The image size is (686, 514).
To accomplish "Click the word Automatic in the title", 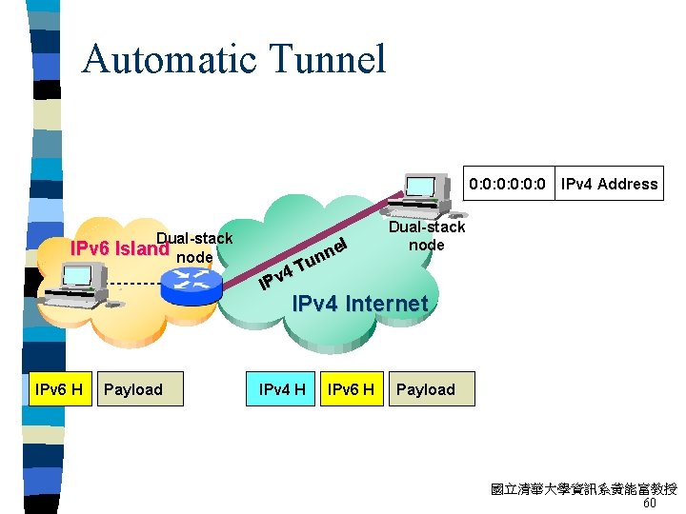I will (168, 59).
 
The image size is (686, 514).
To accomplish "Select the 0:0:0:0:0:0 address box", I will (507, 184).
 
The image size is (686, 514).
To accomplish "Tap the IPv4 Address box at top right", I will (609, 184).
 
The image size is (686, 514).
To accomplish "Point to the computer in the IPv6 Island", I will (85, 276).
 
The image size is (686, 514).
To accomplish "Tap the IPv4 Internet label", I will (359, 304).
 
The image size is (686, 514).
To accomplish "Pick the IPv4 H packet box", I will (281, 389).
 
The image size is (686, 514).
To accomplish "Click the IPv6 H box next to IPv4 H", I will (350, 389).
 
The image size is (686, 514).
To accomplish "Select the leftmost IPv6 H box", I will (58, 389).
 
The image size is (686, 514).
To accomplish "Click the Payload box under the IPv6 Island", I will (134, 389).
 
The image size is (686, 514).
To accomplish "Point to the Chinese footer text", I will (583, 489).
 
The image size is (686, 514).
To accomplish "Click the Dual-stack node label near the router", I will (194, 247).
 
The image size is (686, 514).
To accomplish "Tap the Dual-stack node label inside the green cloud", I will (427, 235).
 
